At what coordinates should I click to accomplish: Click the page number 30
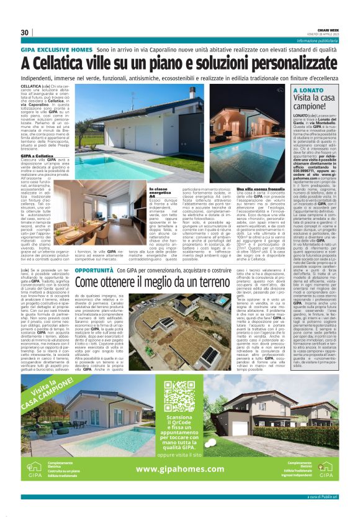point(25,32)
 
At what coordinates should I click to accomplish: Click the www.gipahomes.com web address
point(180,468)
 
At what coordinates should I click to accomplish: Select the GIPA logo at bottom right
point(327,467)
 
